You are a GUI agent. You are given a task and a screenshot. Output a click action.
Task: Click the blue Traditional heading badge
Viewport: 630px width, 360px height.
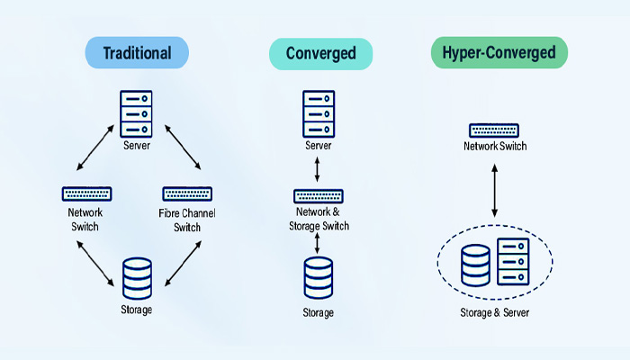point(137,53)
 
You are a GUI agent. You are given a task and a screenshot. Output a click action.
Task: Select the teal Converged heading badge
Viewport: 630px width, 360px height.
point(319,53)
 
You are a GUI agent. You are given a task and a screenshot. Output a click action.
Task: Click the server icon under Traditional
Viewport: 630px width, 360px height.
point(138,113)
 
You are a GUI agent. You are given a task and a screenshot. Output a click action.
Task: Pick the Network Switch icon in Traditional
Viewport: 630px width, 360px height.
point(86,193)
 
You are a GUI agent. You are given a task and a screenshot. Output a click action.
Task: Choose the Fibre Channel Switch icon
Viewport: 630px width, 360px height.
point(186,193)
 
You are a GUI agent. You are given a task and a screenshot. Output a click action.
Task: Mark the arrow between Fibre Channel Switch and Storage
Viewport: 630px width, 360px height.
point(183,257)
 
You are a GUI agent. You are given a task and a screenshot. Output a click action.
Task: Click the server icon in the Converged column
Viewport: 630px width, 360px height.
point(319,113)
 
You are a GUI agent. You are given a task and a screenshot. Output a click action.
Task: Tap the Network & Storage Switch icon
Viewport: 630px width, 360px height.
point(319,195)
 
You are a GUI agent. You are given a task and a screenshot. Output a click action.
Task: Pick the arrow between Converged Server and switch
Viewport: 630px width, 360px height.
point(319,168)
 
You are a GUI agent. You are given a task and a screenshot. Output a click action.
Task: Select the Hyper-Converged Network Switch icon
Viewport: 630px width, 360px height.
point(494,130)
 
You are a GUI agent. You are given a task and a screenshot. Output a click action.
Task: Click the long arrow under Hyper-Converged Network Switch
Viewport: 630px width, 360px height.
point(494,191)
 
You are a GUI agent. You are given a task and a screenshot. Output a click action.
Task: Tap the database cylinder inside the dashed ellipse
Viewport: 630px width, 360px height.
point(475,265)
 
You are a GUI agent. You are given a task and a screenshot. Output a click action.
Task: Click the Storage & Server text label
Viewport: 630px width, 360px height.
point(494,313)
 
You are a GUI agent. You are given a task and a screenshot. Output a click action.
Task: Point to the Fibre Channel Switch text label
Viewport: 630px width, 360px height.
point(187,220)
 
